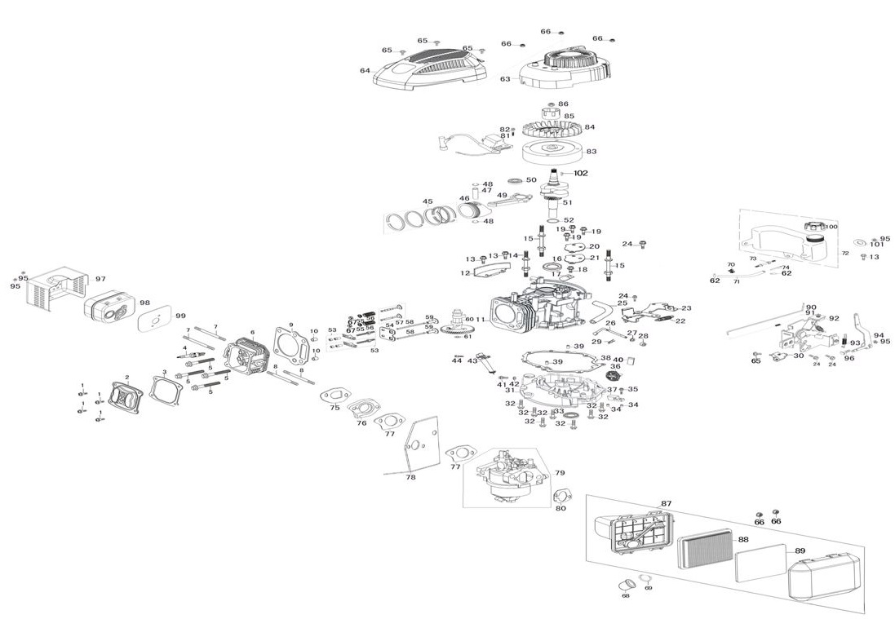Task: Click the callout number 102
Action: tap(580, 173)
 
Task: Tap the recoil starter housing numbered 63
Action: tap(564, 67)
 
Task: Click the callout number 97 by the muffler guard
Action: tap(100, 279)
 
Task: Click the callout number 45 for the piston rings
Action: tap(427, 201)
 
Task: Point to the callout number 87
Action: tap(666, 503)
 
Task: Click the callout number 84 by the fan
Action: tap(589, 127)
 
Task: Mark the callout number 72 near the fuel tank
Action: tap(844, 254)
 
